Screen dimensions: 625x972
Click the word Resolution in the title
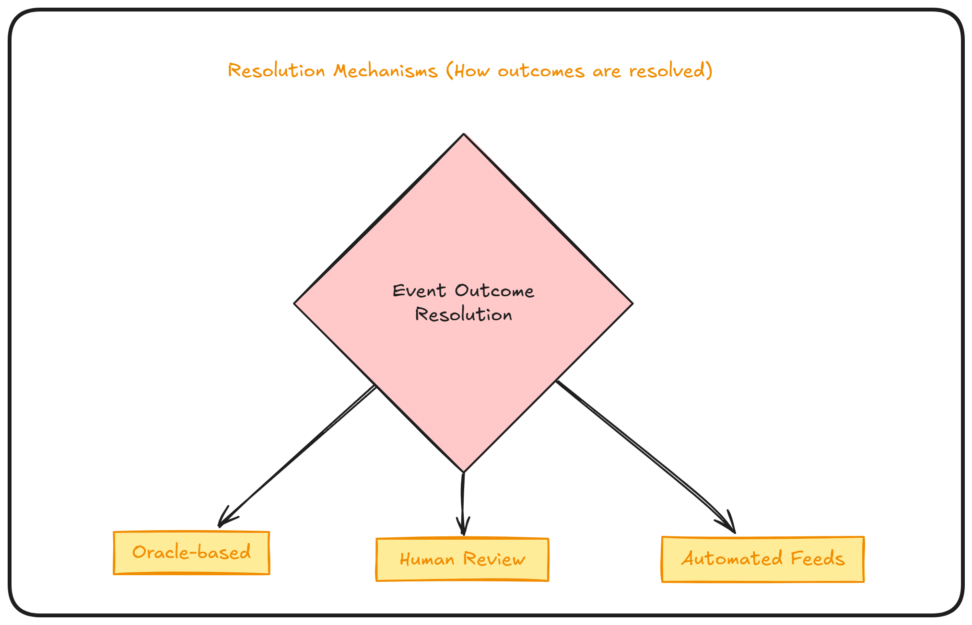click(277, 71)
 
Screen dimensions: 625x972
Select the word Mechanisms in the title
click(386, 71)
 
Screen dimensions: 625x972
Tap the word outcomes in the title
click(541, 71)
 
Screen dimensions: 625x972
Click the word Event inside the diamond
click(419, 291)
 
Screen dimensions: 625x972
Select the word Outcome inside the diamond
click(494, 291)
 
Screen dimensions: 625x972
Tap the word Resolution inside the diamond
click(463, 315)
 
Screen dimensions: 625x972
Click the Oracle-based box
click(191, 553)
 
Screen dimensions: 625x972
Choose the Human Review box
click(462, 559)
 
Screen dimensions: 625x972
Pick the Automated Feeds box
click(762, 559)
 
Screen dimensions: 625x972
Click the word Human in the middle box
click(427, 559)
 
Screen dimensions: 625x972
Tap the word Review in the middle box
click(494, 559)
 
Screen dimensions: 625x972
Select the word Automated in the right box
click(731, 559)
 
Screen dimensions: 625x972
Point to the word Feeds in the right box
click(817, 559)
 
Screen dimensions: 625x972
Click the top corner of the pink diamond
click(464, 135)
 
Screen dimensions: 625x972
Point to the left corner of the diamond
click(295, 303)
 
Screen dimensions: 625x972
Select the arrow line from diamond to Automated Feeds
click(643, 453)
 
